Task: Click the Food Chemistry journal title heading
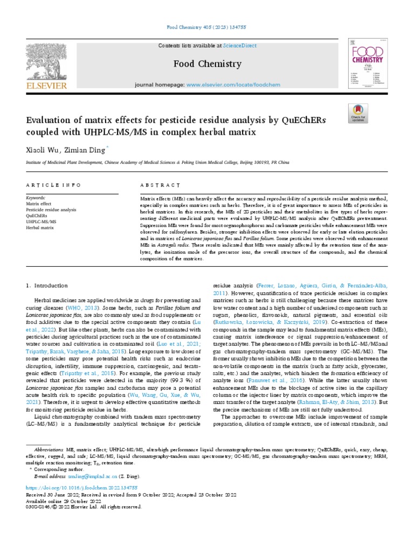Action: (x=207, y=65)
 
